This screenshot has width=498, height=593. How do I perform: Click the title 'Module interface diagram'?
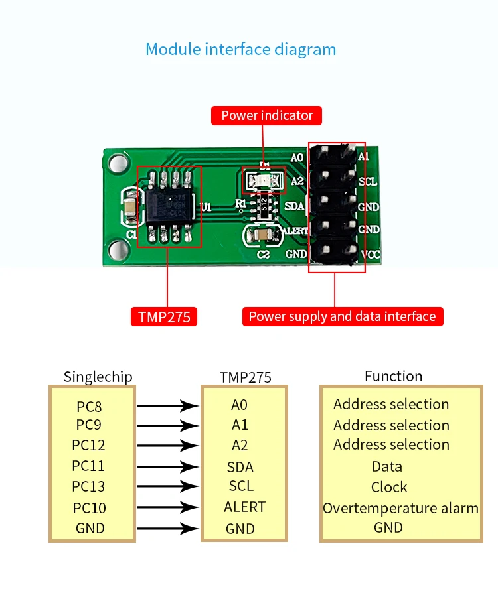[x=240, y=50]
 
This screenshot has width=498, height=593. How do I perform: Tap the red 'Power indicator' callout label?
[x=267, y=115]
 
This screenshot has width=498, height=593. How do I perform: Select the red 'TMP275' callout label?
[x=164, y=317]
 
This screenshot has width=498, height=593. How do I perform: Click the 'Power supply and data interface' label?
[x=342, y=316]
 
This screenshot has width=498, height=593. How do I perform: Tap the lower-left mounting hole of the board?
[x=118, y=249]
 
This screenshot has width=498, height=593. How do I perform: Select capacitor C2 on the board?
[x=264, y=235]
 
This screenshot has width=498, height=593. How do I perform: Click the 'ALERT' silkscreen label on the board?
[x=295, y=230]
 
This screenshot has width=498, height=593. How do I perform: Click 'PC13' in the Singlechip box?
[x=88, y=487]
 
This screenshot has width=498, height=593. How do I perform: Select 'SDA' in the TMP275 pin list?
[x=240, y=467]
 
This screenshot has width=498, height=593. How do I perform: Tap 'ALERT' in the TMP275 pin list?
[x=244, y=507]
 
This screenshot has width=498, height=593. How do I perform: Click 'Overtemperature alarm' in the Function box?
[x=400, y=509]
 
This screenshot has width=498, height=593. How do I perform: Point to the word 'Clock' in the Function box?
[x=389, y=488]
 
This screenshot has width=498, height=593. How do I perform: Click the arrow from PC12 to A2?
[x=168, y=446]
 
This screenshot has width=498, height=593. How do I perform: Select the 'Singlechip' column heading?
[x=98, y=377]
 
